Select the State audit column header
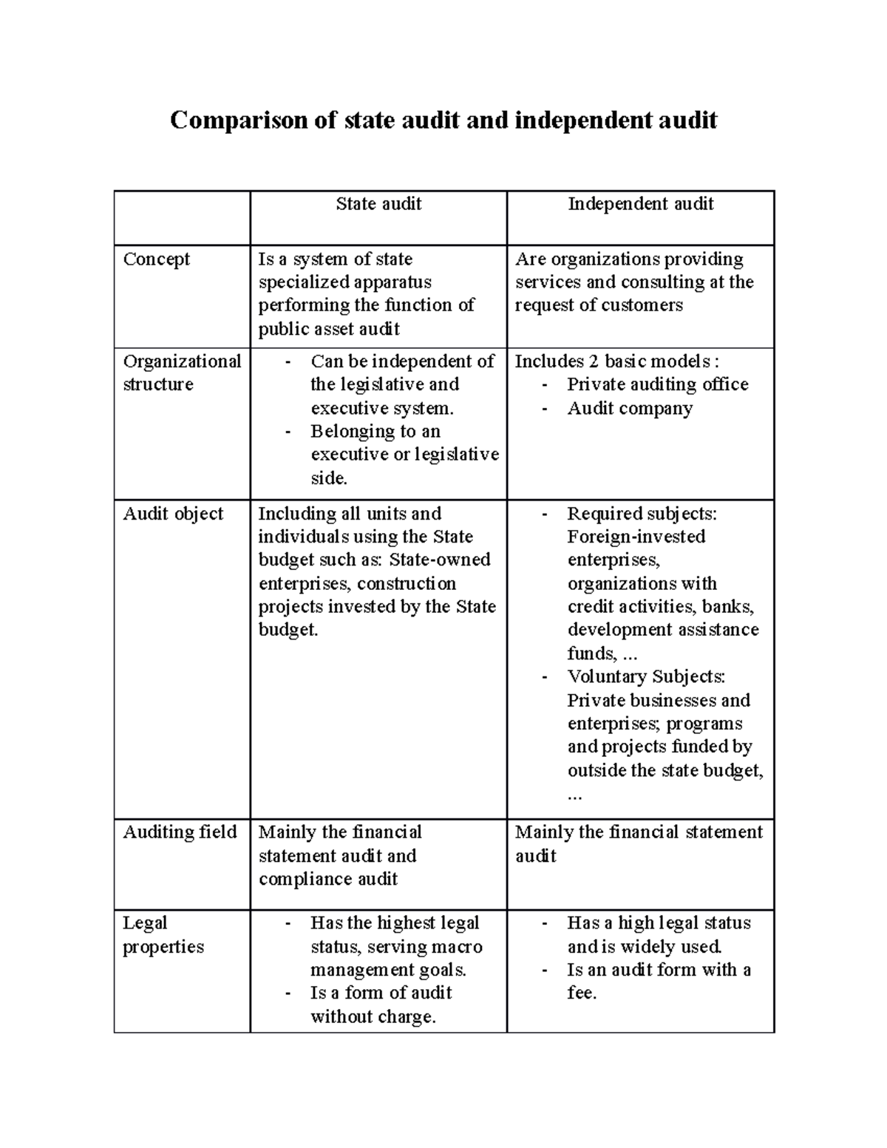click(378, 204)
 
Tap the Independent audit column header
click(640, 204)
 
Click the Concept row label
click(157, 259)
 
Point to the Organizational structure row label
click(182, 373)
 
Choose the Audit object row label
click(173, 514)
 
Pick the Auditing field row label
click(180, 832)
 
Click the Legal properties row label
click(163, 935)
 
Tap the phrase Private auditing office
click(657, 384)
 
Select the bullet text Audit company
click(630, 409)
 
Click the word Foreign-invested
click(636, 537)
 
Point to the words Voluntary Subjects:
click(646, 676)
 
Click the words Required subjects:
click(642, 514)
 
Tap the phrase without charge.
click(373, 1017)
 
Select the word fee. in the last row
click(582, 993)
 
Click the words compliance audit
click(328, 879)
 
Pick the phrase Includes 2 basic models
click(613, 361)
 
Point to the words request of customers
click(599, 305)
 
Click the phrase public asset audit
click(329, 329)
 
